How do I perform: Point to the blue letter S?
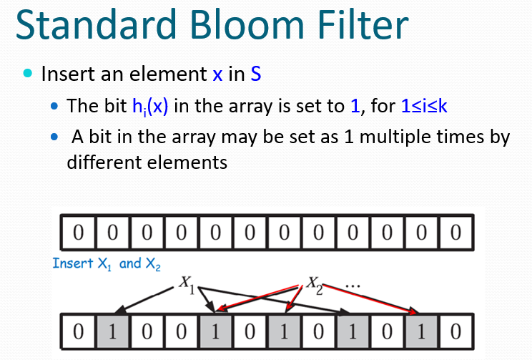(x=255, y=73)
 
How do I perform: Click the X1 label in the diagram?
(x=187, y=282)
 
